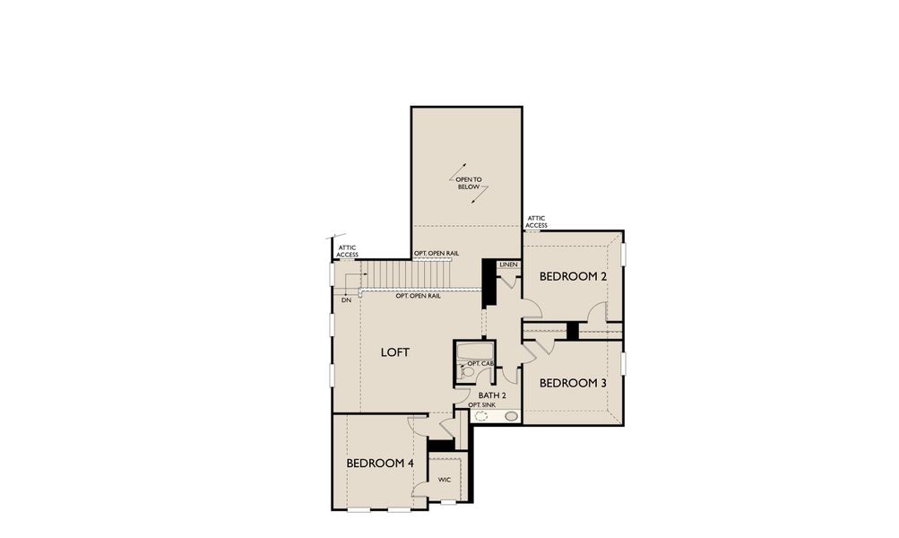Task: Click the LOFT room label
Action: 394,352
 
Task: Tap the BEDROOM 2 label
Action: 574,277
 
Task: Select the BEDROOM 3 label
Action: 573,383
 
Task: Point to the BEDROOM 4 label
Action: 380,464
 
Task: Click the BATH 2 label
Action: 492,395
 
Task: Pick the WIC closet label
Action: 444,480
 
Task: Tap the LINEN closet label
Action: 508,265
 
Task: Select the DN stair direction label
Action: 345,299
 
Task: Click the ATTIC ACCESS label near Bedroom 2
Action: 537,221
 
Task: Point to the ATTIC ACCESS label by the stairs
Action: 347,251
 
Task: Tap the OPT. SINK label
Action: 481,405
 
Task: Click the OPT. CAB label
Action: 481,363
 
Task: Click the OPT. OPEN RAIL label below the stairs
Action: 418,296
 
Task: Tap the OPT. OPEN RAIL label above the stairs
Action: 437,254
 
